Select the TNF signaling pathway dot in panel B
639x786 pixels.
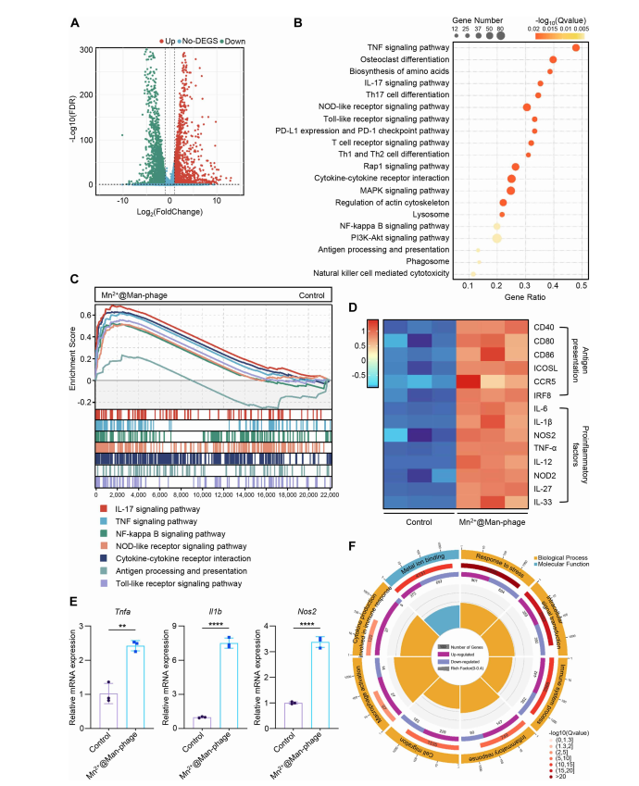(x=576, y=48)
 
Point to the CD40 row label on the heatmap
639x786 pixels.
(x=545, y=327)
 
